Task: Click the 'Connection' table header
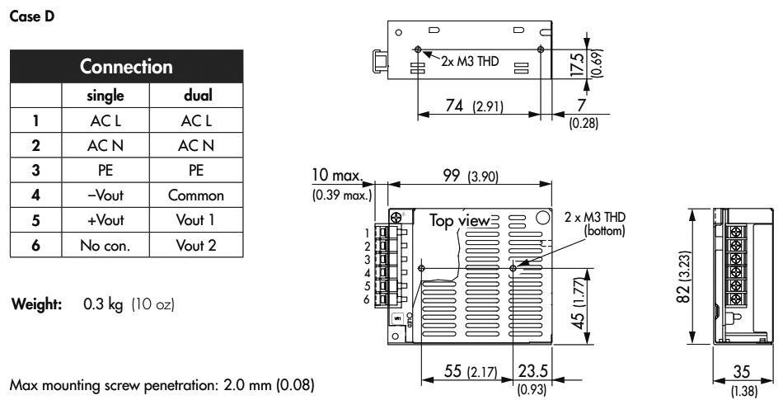125,65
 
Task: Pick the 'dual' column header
200,95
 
